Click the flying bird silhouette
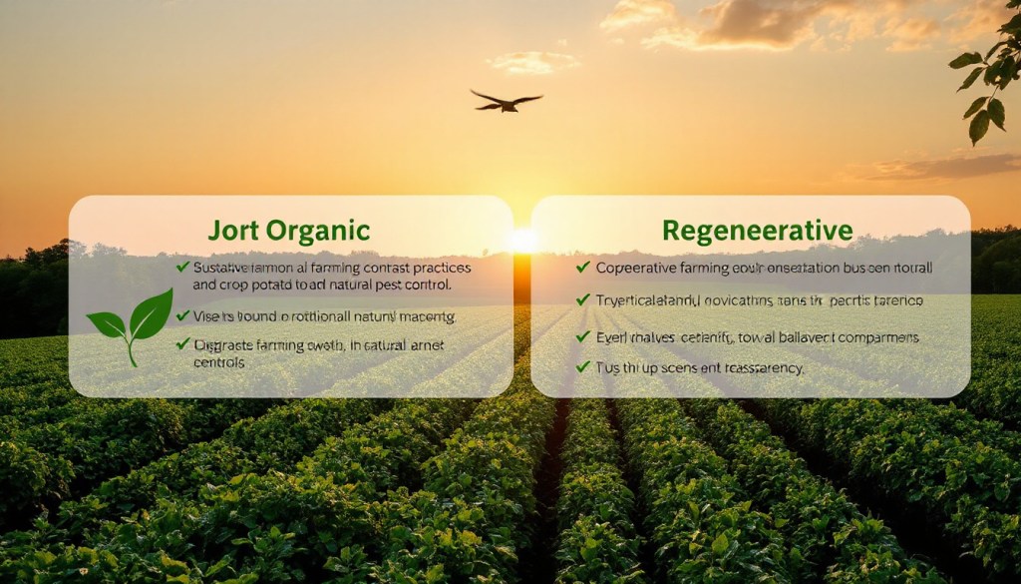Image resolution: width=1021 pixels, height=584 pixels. click(507, 100)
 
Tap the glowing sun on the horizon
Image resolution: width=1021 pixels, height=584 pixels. click(521, 241)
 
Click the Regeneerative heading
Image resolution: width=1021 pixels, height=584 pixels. click(758, 231)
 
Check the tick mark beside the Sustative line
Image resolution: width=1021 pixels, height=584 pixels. click(182, 267)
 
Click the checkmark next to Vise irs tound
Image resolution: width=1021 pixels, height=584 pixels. click(182, 314)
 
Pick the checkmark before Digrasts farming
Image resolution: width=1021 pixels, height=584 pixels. click(182, 343)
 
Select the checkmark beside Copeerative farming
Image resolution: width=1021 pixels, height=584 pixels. click(583, 267)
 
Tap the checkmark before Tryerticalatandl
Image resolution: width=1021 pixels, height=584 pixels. click(583, 298)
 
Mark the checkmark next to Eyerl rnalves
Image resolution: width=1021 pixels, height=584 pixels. click(583, 336)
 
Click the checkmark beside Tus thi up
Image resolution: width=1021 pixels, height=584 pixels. click(583, 367)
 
